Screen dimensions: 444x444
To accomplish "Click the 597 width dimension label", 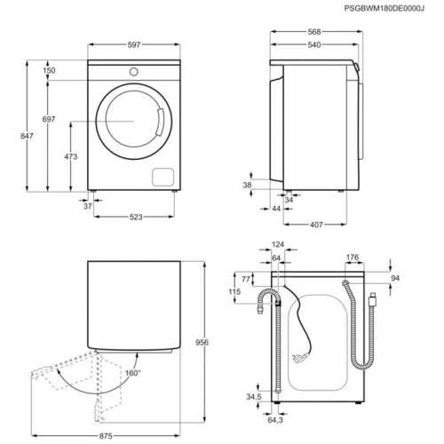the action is click(x=134, y=44).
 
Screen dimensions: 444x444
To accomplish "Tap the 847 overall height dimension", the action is click(x=27, y=136).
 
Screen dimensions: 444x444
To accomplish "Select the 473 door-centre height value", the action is click(x=71, y=156).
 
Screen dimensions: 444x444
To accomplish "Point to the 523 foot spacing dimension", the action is click(x=136, y=217).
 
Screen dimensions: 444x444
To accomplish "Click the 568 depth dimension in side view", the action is click(x=314, y=32).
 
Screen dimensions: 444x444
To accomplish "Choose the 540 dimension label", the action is click(x=314, y=44).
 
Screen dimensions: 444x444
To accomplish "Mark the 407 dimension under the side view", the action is click(x=316, y=225).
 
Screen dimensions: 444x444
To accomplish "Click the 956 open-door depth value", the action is click(x=202, y=342).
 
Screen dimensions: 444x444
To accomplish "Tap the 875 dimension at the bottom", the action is click(x=106, y=436).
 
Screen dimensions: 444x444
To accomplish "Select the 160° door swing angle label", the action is click(x=133, y=373).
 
